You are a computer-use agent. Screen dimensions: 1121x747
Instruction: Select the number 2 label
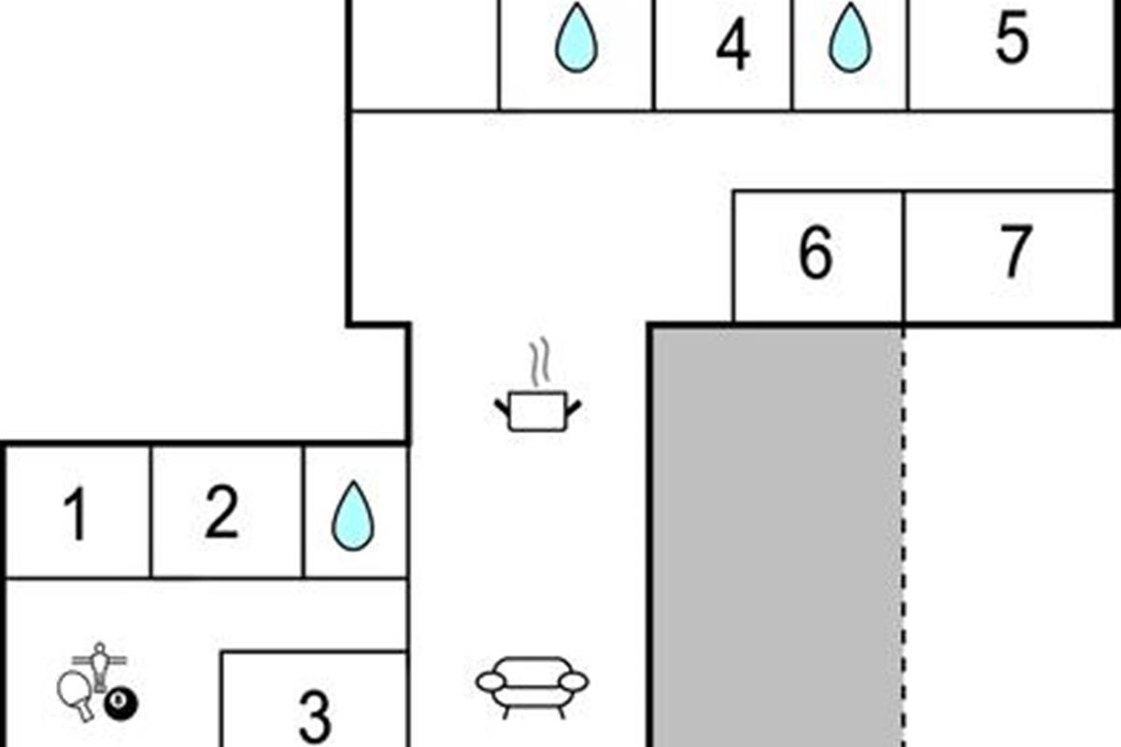pyautogui.click(x=221, y=512)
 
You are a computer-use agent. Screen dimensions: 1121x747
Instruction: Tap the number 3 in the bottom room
pyautogui.click(x=315, y=716)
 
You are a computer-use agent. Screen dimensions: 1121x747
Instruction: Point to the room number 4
pyautogui.click(x=733, y=44)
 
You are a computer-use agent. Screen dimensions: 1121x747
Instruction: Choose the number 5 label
pyautogui.click(x=1012, y=36)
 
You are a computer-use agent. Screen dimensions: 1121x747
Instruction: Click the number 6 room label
pyautogui.click(x=816, y=252)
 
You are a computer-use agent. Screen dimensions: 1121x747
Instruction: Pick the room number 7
pyautogui.click(x=1016, y=250)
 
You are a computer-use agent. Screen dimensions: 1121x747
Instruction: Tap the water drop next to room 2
pyautogui.click(x=353, y=515)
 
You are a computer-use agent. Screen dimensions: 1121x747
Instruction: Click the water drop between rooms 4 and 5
pyautogui.click(x=850, y=37)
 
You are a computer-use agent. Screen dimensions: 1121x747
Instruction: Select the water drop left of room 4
pyautogui.click(x=576, y=37)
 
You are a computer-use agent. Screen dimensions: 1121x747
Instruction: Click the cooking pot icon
pyautogui.click(x=538, y=411)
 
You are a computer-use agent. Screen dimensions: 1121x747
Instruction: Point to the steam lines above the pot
pyautogui.click(x=541, y=361)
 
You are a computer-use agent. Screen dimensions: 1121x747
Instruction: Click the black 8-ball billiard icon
pyautogui.click(x=121, y=705)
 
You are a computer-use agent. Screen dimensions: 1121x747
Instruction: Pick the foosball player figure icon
pyautogui.click(x=100, y=667)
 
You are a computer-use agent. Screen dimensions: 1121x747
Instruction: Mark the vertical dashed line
pyautogui.click(x=904, y=538)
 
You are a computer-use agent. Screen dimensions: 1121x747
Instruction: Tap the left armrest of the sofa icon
pyautogui.click(x=491, y=682)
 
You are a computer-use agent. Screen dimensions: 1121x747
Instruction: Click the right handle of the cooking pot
pyautogui.click(x=574, y=408)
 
